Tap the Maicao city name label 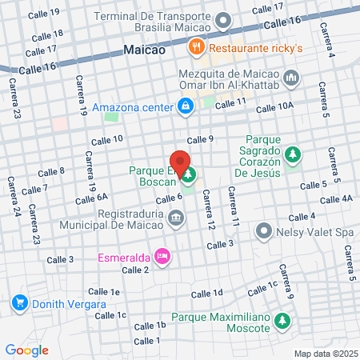[145, 50]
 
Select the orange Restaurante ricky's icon [194, 46]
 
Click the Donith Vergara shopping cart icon [20, 304]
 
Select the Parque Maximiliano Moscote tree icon [282, 322]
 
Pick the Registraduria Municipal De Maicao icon [176, 216]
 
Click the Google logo [27, 350]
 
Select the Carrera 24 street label [14, 204]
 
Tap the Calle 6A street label [91, 198]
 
